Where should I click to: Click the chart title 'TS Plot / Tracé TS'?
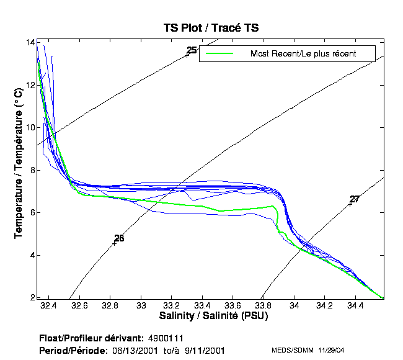[210, 28]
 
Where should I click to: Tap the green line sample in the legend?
[219, 54]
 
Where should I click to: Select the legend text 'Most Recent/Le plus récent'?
[303, 54]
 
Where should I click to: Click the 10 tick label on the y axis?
[30, 127]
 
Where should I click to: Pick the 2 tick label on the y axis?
[32, 297]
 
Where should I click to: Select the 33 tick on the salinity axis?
[142, 306]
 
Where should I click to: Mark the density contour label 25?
[192, 50]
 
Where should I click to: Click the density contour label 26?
[119, 238]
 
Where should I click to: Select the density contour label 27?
[355, 199]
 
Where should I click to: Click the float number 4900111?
[166, 339]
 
